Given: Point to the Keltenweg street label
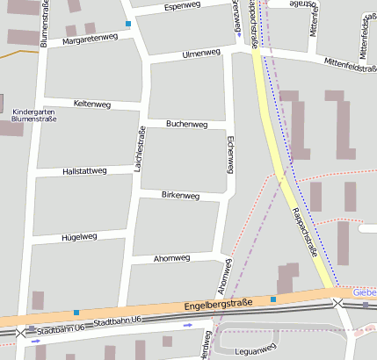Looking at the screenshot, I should point(92,104).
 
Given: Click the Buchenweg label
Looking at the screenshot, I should point(186,125).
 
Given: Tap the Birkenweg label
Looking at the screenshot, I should point(181,195).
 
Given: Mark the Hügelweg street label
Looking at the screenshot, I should point(77,237).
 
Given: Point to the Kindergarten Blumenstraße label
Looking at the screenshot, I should point(34,115).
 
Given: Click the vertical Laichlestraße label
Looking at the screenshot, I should point(139,148).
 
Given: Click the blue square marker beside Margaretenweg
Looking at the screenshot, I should point(128,23).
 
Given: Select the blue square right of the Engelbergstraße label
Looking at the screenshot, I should point(273,300).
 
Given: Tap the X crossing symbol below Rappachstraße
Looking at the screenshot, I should point(338,303).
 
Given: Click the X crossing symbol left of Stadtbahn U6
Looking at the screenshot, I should point(20,333).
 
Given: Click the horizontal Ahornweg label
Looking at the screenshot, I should point(171,259).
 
